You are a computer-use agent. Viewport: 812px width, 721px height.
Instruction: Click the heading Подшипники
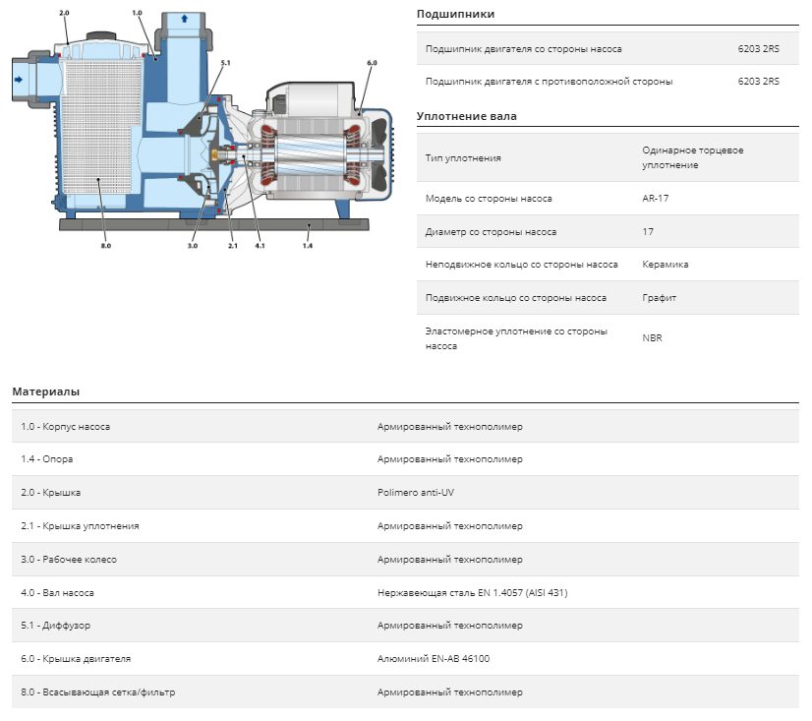tap(455, 14)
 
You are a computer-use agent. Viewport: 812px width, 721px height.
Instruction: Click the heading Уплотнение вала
tap(467, 116)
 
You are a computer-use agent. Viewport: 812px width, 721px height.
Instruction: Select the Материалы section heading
tap(45, 391)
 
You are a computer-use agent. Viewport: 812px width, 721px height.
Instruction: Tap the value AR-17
tap(655, 198)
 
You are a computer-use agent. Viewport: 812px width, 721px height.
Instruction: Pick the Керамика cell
tap(665, 265)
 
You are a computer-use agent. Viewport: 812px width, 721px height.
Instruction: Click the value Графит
tap(659, 298)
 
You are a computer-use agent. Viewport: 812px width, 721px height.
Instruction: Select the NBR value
tap(652, 338)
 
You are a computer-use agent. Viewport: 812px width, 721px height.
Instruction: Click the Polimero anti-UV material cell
tap(415, 493)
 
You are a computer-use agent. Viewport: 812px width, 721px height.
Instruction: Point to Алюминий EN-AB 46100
tap(433, 659)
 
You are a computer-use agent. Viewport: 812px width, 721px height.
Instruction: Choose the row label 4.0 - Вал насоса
tap(57, 592)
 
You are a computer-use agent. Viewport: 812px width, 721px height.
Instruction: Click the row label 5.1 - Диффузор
tap(55, 626)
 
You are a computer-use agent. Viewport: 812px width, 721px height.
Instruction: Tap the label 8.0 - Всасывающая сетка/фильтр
tap(98, 691)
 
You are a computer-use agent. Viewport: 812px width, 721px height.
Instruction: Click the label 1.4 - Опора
tap(46, 459)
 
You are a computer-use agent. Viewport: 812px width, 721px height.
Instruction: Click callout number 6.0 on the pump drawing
tap(372, 63)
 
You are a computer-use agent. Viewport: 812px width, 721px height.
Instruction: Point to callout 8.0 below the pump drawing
tap(105, 246)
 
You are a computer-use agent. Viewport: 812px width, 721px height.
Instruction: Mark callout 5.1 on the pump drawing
tap(225, 63)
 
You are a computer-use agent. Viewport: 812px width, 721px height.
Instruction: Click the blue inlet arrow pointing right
tap(19, 80)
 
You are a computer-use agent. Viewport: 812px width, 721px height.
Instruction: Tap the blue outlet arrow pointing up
tap(185, 19)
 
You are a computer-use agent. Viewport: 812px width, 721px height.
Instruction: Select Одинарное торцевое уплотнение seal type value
tap(692, 157)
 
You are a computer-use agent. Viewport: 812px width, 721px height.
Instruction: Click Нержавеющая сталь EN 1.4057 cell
tap(472, 592)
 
